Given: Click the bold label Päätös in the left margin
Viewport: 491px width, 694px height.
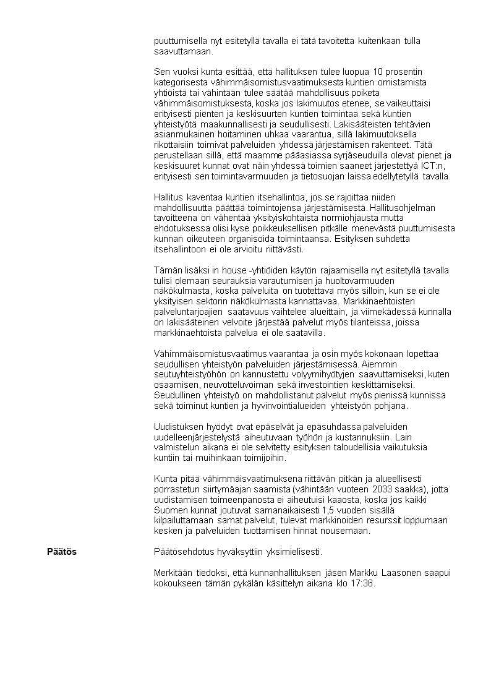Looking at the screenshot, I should tap(62, 551).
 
